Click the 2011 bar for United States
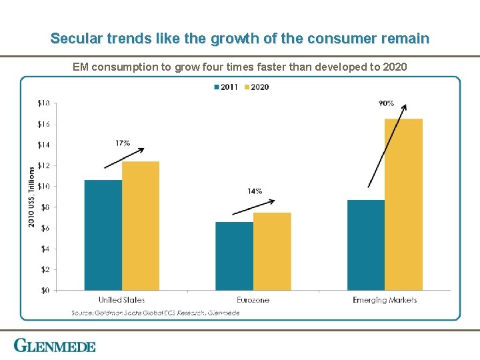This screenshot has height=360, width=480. click(103, 235)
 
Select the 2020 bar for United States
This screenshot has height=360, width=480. click(141, 225)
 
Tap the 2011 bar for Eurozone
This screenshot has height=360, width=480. click(234, 256)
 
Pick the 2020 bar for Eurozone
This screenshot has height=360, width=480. click(272, 251)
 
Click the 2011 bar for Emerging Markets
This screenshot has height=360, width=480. click(365, 245)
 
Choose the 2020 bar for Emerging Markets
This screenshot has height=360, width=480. click(403, 204)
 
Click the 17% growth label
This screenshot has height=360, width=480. click(122, 143)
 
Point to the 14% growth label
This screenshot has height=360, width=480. click(255, 191)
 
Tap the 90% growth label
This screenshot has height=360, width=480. click(386, 103)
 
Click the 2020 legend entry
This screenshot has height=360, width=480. click(256, 87)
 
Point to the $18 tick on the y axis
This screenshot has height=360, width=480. click(43, 103)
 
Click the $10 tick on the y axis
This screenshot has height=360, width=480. click(43, 186)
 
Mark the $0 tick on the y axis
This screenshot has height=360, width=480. click(45, 290)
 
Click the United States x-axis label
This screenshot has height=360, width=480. click(121, 300)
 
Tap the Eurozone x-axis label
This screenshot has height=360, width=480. click(253, 300)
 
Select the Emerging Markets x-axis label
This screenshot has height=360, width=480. click(385, 300)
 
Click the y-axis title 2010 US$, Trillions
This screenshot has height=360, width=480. click(31, 196)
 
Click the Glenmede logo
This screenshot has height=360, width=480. click(55, 346)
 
